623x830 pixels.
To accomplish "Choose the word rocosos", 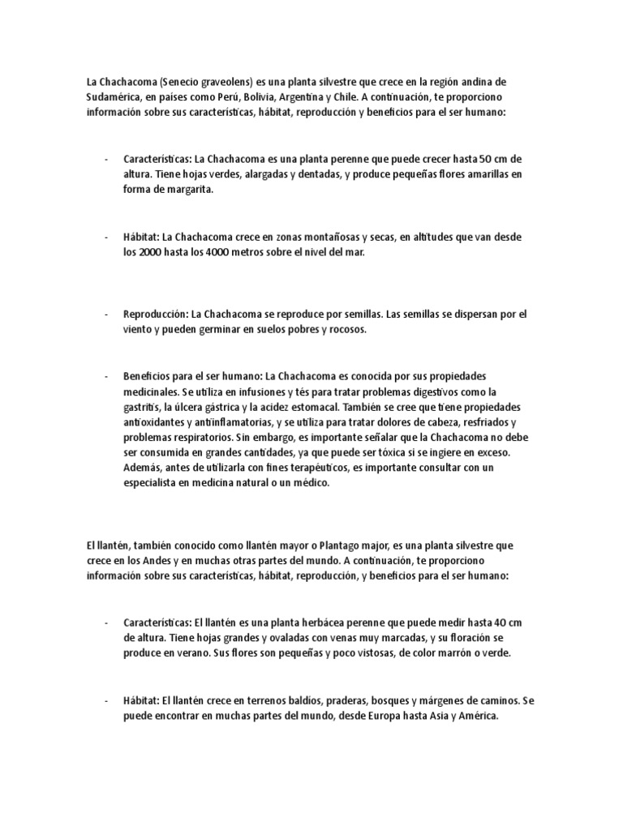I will [347, 329].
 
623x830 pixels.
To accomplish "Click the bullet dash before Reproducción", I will [106, 314].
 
